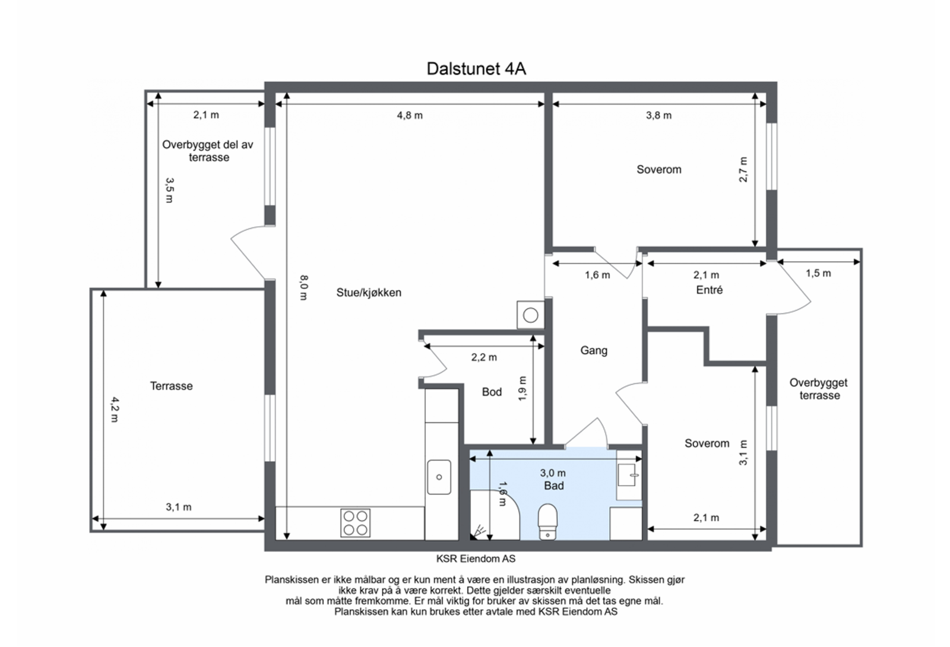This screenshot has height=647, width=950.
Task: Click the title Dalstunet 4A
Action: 476,69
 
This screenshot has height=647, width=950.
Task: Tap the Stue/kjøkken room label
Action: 369,293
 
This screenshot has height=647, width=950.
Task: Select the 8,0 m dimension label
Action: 303,287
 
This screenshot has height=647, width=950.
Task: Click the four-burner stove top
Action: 356,523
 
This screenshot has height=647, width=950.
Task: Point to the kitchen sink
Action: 439,477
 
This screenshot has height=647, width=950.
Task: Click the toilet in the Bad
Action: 547,522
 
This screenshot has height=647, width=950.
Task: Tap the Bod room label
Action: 492,392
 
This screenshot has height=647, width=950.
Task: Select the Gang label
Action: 594,350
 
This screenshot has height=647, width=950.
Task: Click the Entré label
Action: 709,290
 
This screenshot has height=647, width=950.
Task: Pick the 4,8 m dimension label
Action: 410,115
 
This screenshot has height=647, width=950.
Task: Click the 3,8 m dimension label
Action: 658,115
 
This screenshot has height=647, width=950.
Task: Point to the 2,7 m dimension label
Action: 743,170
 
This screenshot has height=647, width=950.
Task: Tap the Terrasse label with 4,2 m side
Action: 172,386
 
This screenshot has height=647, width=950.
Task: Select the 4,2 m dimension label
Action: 115,409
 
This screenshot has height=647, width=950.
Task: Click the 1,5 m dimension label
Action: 818,274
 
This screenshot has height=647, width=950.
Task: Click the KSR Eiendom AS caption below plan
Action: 476,559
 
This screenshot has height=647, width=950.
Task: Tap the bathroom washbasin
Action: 628,474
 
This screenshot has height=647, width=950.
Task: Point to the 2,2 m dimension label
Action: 484,357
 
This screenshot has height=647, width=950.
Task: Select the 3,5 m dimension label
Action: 169,190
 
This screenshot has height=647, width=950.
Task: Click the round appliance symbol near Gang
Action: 531,315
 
